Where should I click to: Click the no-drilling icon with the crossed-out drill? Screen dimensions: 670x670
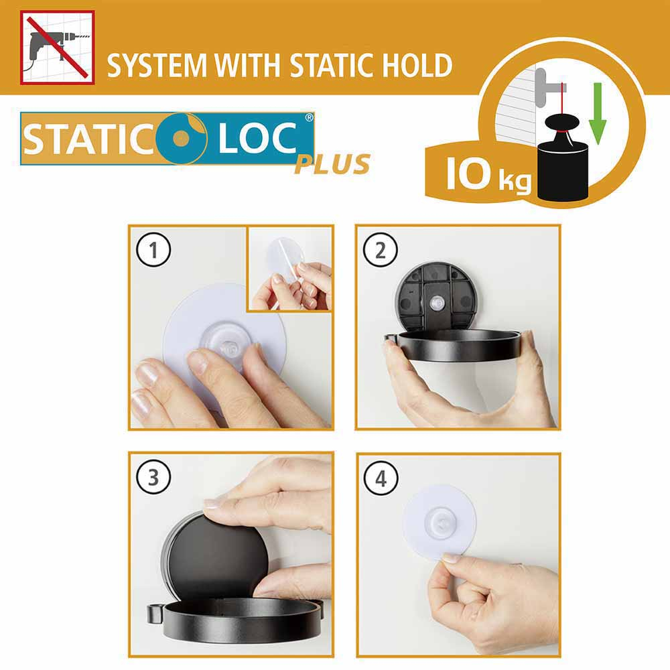(x=57, y=48)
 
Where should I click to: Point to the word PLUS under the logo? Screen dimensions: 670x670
(x=332, y=165)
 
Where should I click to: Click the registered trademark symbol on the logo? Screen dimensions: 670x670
(x=309, y=117)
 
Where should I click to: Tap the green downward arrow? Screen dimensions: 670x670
(x=598, y=113)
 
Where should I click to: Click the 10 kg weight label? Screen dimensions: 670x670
(x=488, y=174)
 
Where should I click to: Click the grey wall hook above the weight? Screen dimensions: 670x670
(x=548, y=88)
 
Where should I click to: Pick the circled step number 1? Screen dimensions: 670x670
(x=153, y=250)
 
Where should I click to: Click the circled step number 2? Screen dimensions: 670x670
(x=381, y=250)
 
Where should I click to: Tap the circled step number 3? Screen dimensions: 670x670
(x=153, y=477)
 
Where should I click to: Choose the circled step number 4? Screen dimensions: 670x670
(x=381, y=478)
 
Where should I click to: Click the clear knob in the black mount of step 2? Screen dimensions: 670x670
(x=435, y=303)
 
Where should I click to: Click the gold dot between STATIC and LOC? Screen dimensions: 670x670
(x=181, y=137)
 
